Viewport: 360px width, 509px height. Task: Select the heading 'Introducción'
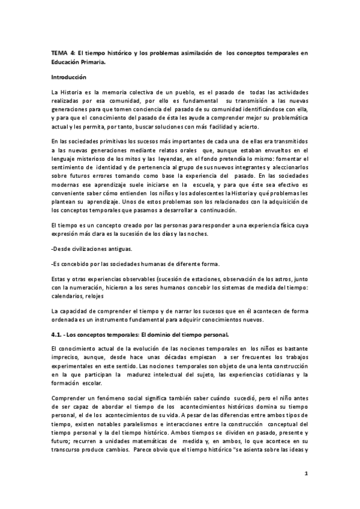pyautogui.click(x=69, y=77)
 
